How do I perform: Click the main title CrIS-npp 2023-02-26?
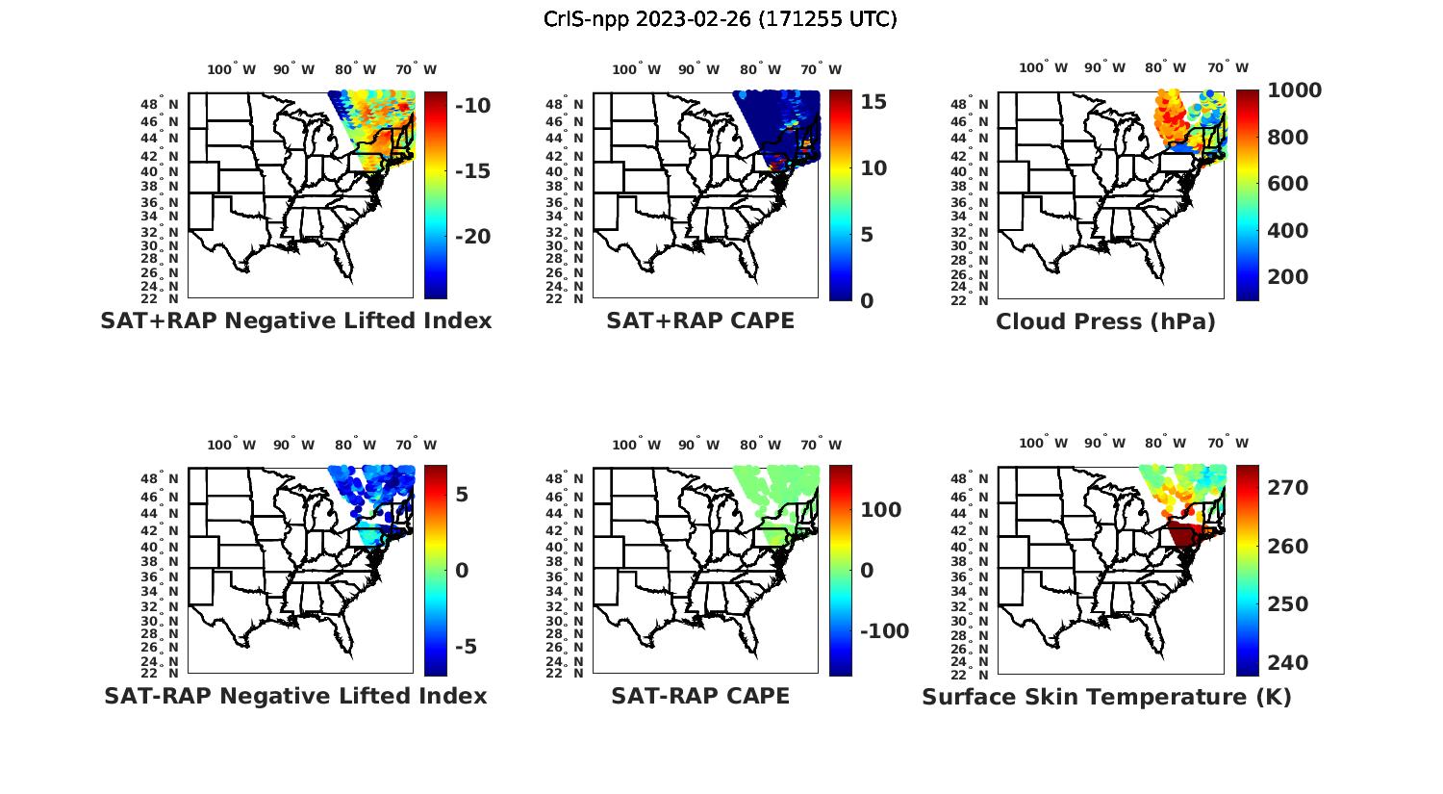[x=720, y=19]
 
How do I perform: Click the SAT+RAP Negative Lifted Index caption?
[x=296, y=320]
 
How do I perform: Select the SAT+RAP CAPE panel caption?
[x=700, y=320]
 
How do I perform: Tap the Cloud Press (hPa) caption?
[x=1105, y=321]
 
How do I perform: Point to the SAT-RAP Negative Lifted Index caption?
[x=295, y=696]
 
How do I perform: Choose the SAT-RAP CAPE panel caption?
[x=700, y=696]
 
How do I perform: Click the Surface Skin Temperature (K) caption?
[x=1106, y=697]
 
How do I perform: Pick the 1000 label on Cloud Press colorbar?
[x=1294, y=90]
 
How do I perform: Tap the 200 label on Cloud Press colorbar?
[x=1288, y=277]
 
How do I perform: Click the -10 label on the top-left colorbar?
[x=472, y=106]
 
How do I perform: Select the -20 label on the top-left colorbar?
[x=472, y=237]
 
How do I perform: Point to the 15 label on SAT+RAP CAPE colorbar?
[x=873, y=102]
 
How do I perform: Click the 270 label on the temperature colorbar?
[x=1288, y=488]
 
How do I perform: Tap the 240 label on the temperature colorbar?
[x=1288, y=663]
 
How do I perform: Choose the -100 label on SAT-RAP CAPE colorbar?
[x=884, y=631]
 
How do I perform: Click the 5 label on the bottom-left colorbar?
[x=462, y=495]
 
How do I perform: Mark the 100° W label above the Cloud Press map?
[x=1043, y=68]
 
